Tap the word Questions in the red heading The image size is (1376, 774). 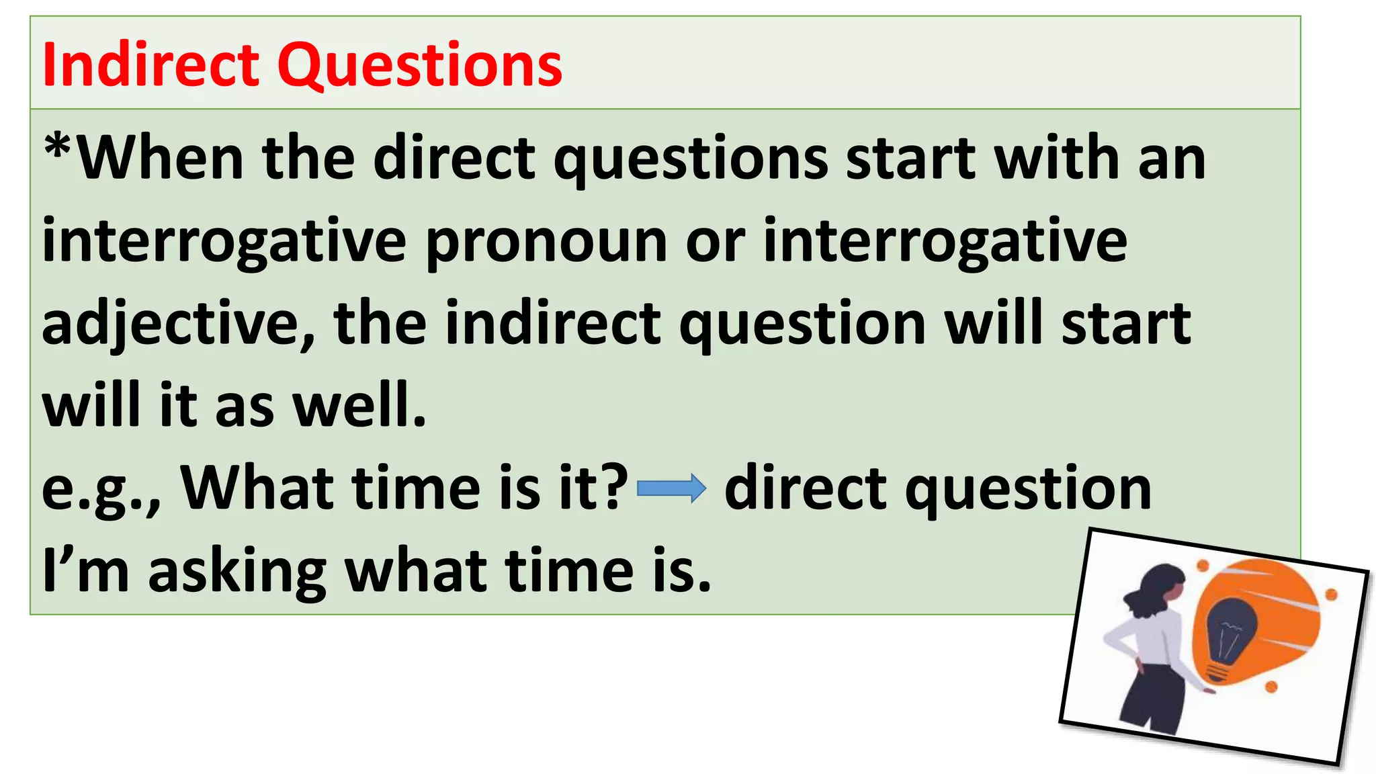pyautogui.click(x=420, y=65)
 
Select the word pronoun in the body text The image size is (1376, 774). pyautogui.click(x=546, y=242)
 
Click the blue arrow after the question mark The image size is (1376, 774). pyautogui.click(x=671, y=488)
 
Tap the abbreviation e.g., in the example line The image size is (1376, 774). pyautogui.click(x=101, y=489)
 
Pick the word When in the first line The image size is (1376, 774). pyautogui.click(x=161, y=159)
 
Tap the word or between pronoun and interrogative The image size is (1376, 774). pyautogui.click(x=715, y=242)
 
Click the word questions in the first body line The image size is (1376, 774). pyautogui.click(x=691, y=160)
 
